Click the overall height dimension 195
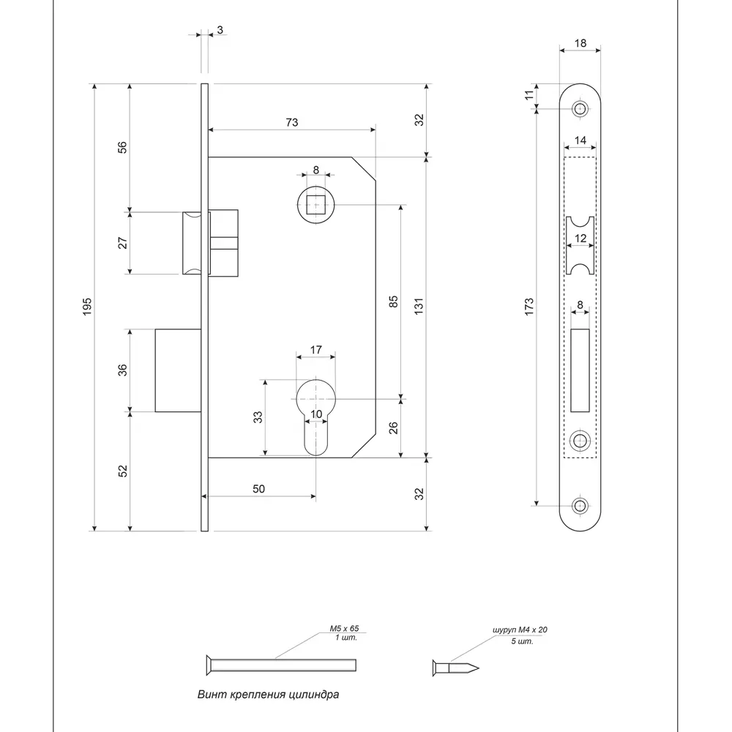click(86, 306)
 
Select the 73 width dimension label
click(291, 122)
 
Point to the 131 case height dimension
click(419, 307)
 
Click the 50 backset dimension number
click(258, 488)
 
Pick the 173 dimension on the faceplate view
click(529, 306)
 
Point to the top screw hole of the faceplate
click(581, 109)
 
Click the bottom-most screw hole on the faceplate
click(581, 506)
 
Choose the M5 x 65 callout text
click(343, 629)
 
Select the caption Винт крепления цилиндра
click(268, 694)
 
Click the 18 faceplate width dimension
click(580, 44)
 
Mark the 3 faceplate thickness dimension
click(220, 30)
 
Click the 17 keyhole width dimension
click(315, 350)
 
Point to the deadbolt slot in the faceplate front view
click(581, 370)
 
